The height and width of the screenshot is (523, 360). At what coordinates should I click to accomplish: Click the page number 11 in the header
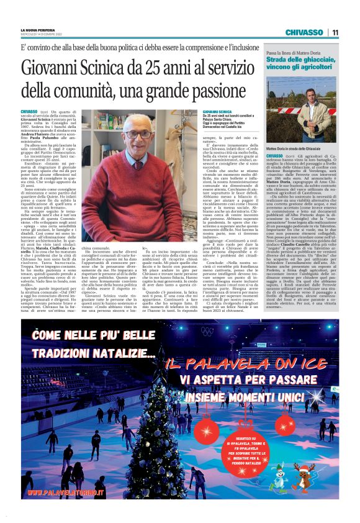tap(335, 32)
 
